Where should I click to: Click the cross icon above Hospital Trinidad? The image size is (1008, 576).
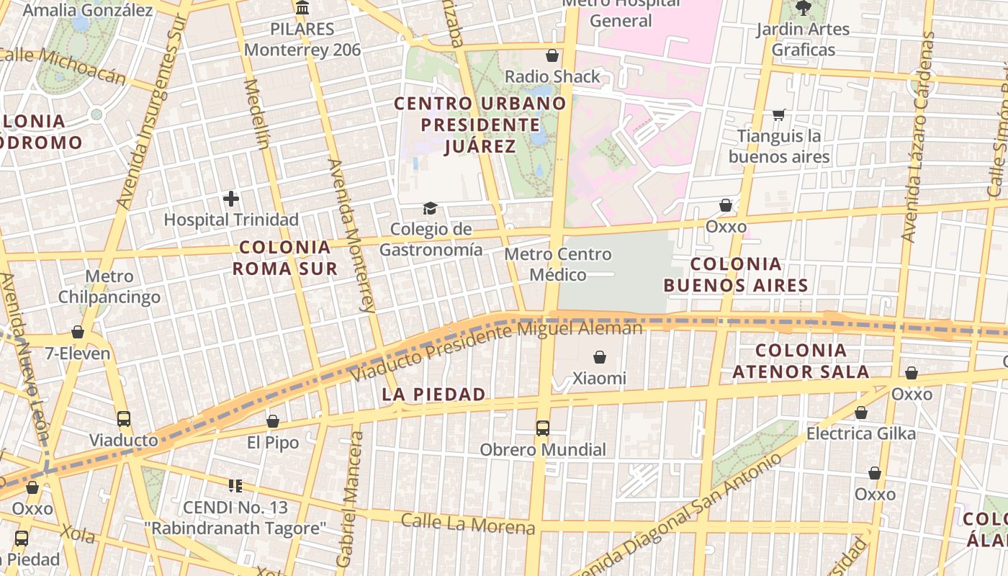[230, 198]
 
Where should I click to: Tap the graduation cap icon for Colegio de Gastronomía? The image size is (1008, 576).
[430, 208]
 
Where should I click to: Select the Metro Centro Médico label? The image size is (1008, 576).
[557, 264]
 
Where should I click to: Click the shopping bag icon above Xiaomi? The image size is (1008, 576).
[599, 356]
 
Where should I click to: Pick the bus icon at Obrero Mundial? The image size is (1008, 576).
[543, 428]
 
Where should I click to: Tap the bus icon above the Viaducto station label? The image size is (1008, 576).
[124, 418]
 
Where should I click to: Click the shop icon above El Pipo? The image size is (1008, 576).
[273, 421]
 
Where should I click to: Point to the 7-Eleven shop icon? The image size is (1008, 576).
[78, 332]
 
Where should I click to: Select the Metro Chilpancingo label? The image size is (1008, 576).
[109, 287]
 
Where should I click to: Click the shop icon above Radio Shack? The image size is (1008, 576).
[552, 55]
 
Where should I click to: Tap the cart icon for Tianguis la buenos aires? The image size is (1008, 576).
[778, 115]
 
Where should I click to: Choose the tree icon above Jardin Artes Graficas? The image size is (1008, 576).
[803, 8]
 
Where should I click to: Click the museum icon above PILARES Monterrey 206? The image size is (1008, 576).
[302, 9]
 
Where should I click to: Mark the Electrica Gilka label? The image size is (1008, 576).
[860, 433]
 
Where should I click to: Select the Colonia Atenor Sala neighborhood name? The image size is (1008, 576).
[801, 361]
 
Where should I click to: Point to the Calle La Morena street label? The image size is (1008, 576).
[468, 523]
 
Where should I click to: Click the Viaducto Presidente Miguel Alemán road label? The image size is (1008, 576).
[497, 351]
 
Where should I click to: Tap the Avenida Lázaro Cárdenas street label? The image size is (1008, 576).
[919, 137]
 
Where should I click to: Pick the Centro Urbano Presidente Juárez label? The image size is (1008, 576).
[480, 125]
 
